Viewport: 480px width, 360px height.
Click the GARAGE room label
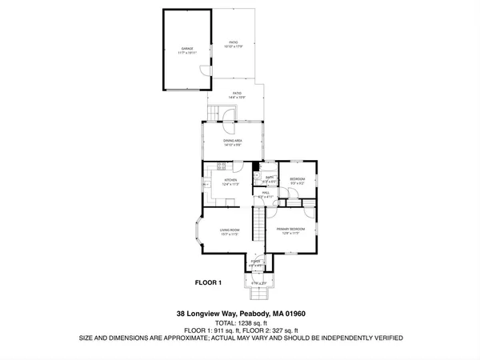coord(186,49)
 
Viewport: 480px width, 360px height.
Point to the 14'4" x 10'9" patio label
coord(237,94)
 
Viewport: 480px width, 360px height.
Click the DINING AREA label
coord(233,142)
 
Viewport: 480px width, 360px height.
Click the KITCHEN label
coord(231,182)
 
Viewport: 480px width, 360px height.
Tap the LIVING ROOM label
coord(230,231)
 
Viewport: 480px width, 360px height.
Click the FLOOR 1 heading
coord(208,282)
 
